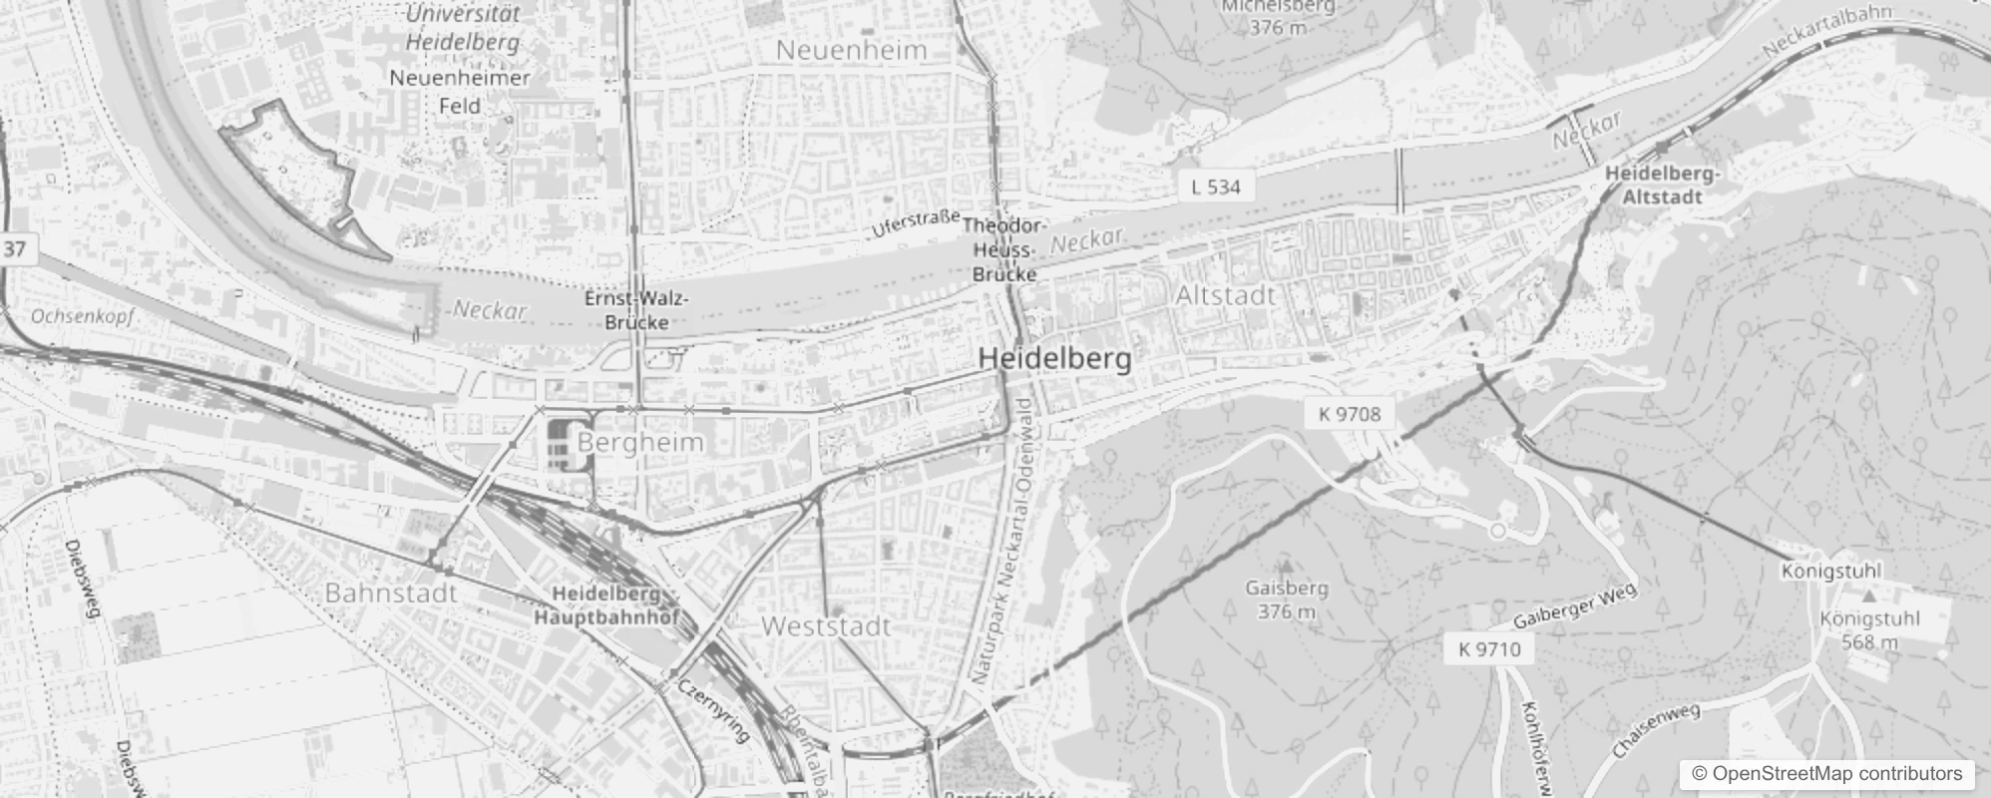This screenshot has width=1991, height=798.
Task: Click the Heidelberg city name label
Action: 1054,359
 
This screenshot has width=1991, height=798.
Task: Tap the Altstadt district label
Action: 1225,295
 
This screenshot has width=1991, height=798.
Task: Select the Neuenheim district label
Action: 851,50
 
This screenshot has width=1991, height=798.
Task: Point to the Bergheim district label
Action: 640,442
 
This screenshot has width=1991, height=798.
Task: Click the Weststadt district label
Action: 826,626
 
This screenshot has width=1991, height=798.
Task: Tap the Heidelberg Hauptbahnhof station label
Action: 606,605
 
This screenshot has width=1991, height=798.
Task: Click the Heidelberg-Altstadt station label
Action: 1662,186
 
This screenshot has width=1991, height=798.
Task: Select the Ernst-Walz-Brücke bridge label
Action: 636,310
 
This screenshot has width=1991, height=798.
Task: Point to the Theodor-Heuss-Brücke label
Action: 1004,250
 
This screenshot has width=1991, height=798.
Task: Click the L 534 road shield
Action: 1216,187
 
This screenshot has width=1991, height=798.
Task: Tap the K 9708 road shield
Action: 1350,414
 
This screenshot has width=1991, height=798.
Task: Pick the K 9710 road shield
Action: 1489,649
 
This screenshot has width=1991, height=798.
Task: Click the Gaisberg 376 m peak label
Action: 1286,599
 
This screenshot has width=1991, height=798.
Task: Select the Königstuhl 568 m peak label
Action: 1869,630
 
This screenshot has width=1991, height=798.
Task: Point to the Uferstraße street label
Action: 915,222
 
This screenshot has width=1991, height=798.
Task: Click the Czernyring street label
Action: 712,710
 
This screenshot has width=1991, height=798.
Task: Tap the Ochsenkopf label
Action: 82,316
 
